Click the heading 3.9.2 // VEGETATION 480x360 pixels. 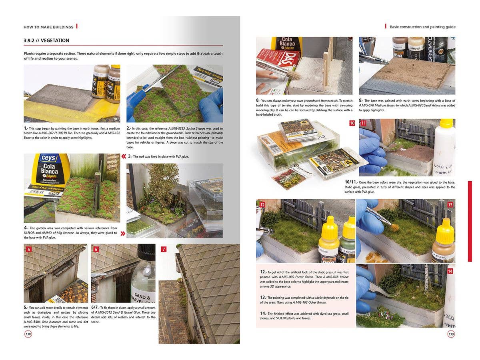point(46,40)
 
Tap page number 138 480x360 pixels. point(28,334)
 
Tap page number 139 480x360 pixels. point(451,334)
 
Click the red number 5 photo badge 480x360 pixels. point(29,249)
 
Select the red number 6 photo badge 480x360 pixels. point(96,249)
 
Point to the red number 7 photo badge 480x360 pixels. point(164,249)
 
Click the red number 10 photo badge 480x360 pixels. point(352,123)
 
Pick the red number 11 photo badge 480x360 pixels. point(363,123)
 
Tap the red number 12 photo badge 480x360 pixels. point(262,204)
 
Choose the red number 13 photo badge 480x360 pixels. point(450,204)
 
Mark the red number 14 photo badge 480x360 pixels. point(450,271)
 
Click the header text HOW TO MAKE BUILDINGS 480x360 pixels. point(48,27)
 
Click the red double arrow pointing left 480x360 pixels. point(124,156)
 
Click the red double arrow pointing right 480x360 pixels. point(122,233)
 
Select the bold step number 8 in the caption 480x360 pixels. point(258,100)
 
